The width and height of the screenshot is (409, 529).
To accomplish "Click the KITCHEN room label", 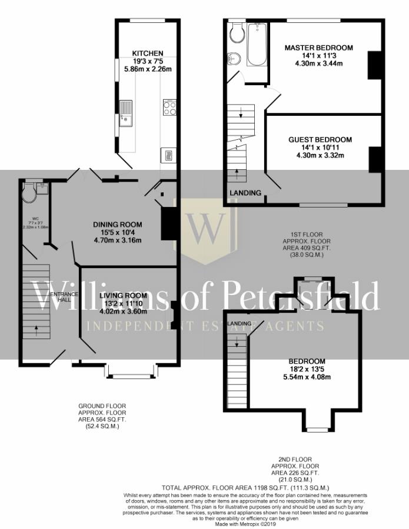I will [148, 53].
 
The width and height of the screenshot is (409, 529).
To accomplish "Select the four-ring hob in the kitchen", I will [169, 108].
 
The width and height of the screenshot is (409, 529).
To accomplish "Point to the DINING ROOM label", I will [118, 224].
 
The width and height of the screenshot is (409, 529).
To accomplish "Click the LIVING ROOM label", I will [122, 295].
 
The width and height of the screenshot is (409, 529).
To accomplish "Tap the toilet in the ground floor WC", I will [28, 192].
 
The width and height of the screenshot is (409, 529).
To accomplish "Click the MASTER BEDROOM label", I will [318, 48].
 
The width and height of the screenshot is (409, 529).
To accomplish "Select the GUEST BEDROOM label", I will [320, 139].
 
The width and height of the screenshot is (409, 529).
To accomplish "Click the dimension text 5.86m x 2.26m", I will [148, 69].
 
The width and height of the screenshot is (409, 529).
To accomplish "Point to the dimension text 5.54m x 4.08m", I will [307, 377].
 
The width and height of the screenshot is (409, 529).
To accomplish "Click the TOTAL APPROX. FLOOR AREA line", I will [245, 488].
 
